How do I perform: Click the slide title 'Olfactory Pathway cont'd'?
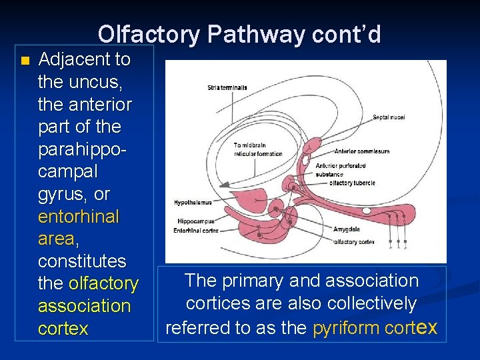pos(239,34)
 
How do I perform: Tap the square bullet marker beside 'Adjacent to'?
pos(25,61)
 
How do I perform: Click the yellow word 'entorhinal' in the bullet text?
pos(79,217)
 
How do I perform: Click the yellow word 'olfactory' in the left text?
pos(103,284)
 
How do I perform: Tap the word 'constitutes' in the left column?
pos(82,261)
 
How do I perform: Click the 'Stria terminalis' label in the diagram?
pos(227,87)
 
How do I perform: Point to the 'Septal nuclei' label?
pos(389,117)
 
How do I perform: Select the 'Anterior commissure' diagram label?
pos(362,151)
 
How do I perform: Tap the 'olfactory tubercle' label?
pos(353,183)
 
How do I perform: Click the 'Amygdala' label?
pos(346,229)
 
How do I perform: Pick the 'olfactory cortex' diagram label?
pos(354,242)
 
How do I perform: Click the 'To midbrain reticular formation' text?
pos(258,149)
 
